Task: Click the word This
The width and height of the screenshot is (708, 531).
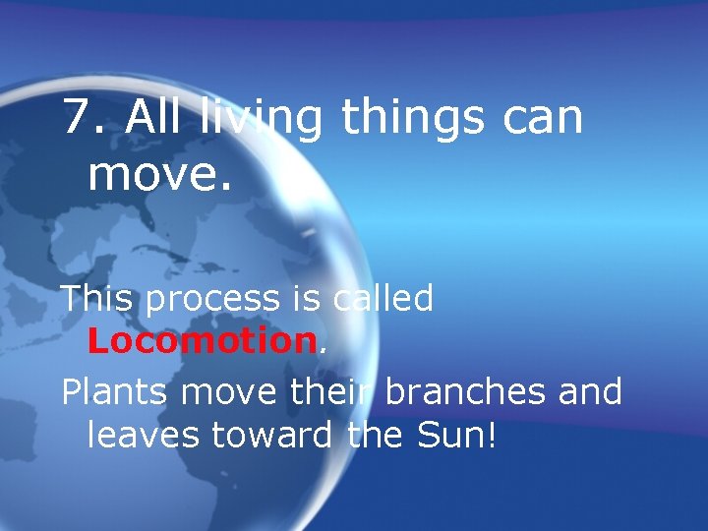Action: click(x=98, y=298)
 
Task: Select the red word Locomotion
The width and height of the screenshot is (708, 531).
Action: click(x=201, y=341)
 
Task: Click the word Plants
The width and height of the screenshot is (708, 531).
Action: click(x=116, y=392)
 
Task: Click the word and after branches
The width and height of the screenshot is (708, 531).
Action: click(x=590, y=392)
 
